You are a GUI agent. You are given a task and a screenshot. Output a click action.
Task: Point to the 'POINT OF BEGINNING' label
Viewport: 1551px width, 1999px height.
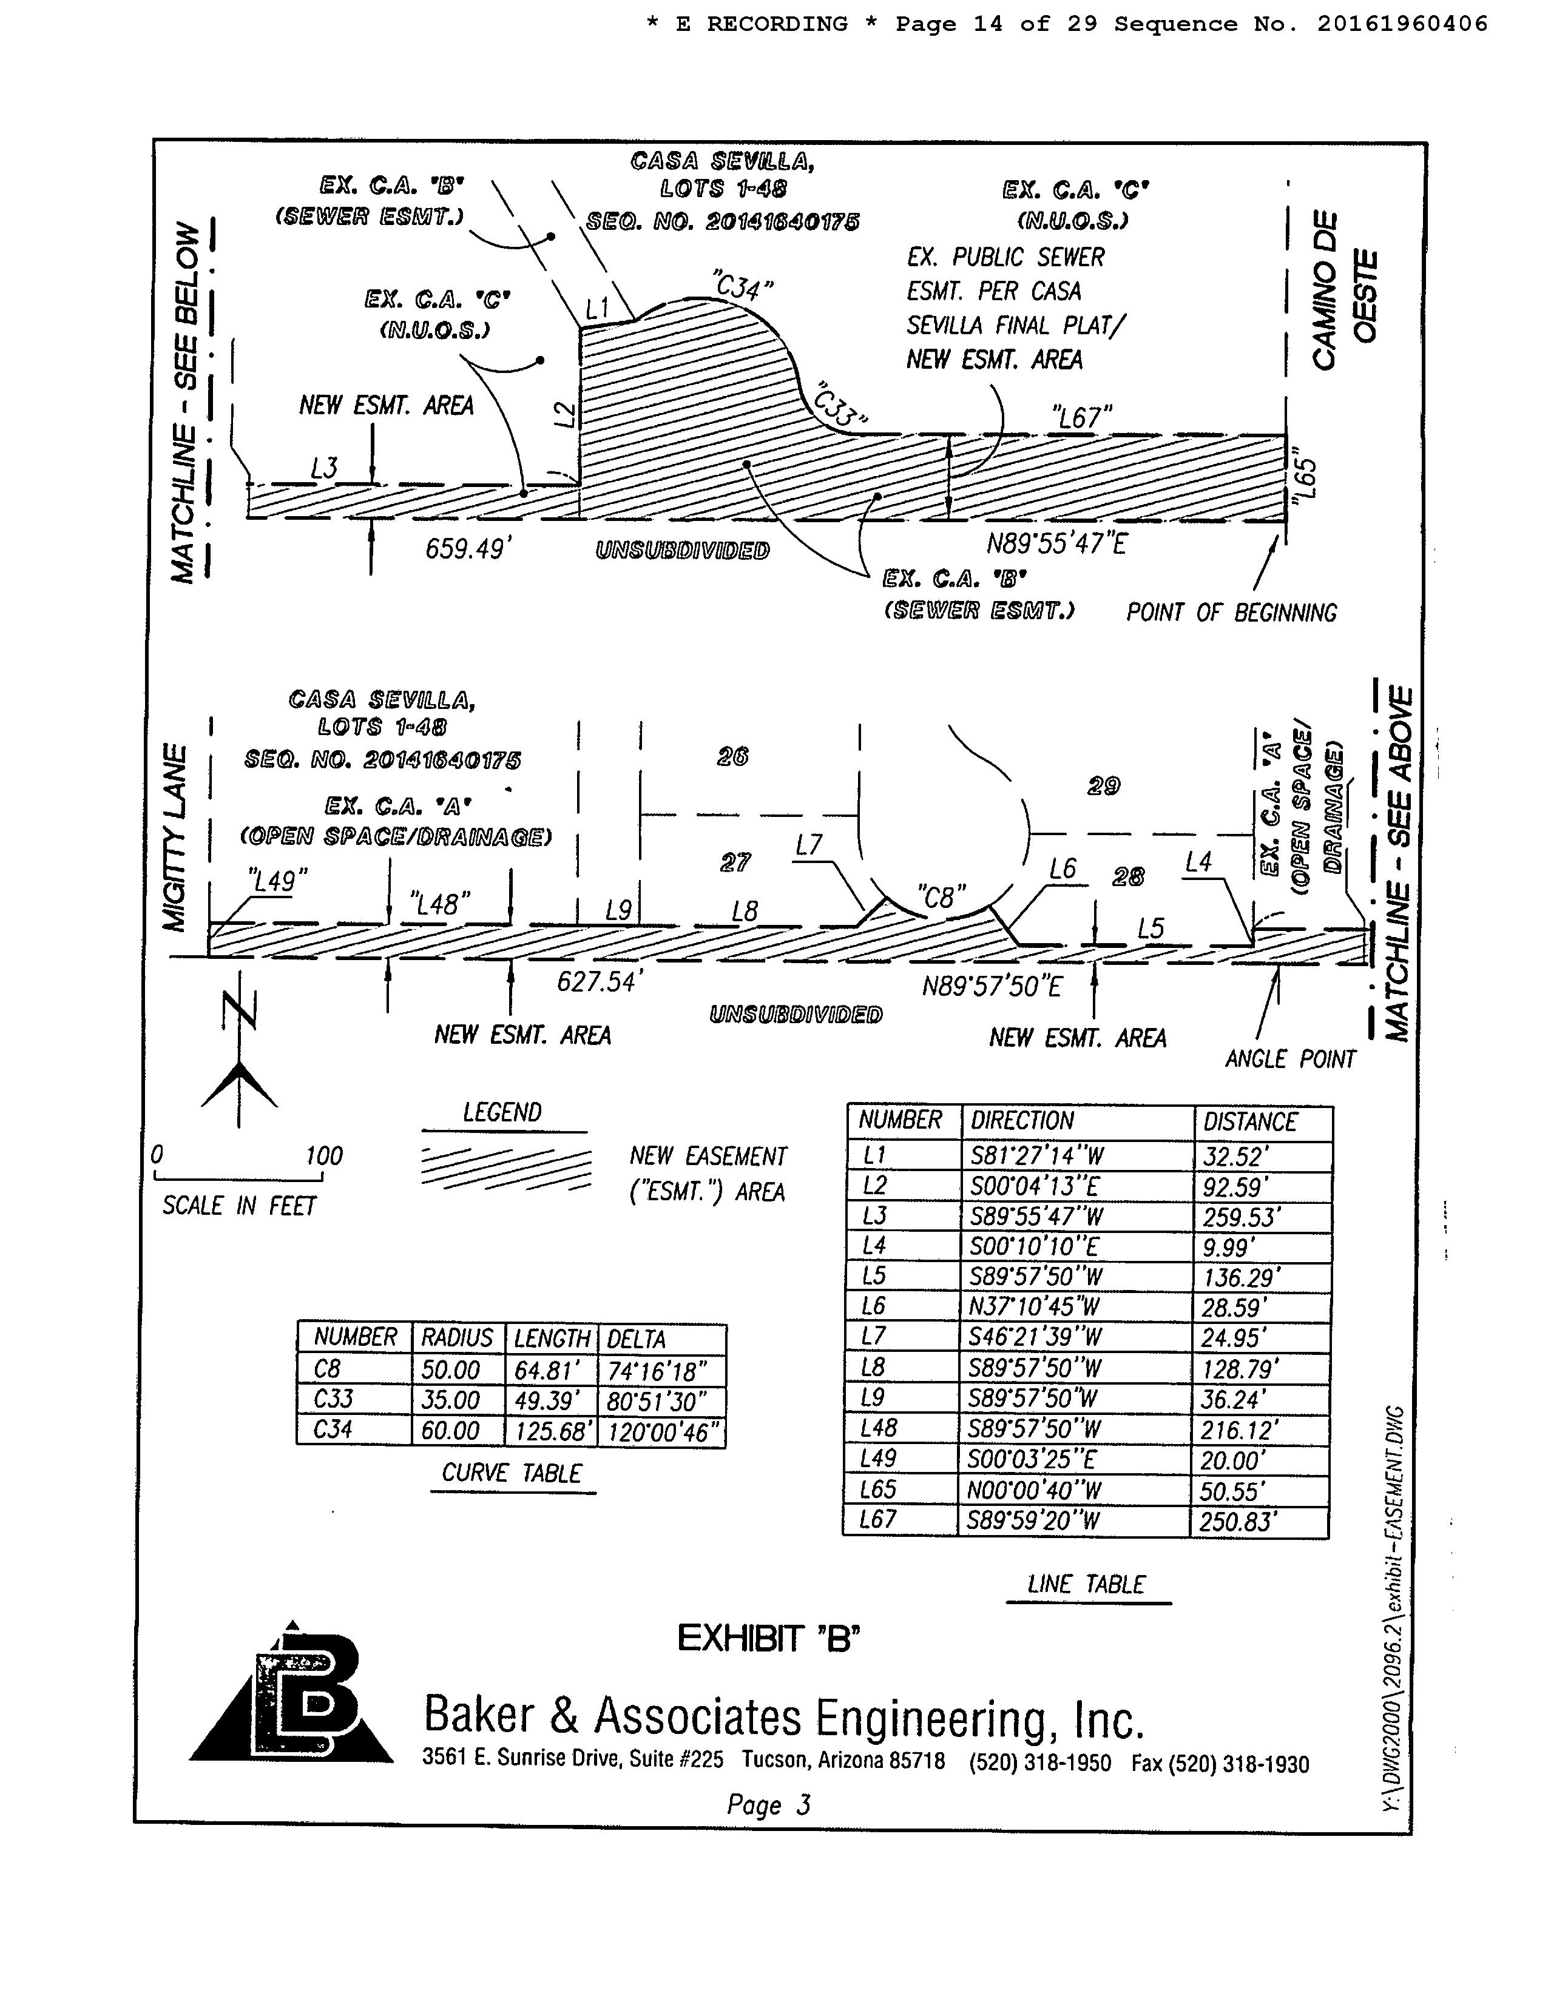1231,613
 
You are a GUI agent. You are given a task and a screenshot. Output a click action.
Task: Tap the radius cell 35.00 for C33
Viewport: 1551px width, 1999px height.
450,1400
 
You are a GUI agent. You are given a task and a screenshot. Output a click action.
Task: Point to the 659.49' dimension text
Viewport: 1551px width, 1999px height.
467,549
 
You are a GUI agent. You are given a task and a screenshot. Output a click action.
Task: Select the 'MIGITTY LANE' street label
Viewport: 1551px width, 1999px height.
176,838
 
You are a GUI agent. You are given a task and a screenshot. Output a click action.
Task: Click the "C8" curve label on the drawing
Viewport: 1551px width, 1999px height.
941,896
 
